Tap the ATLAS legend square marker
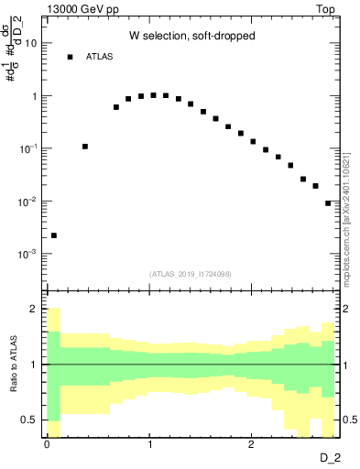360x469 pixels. (x=70, y=57)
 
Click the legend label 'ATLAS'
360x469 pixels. (x=100, y=57)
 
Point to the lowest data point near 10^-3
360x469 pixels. (x=54, y=235)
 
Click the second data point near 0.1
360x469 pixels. (x=85, y=147)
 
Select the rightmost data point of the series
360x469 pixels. (x=328, y=203)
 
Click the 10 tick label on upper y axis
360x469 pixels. (x=31, y=43)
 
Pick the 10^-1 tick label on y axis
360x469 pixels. (x=28, y=148)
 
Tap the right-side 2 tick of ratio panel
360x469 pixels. (x=347, y=310)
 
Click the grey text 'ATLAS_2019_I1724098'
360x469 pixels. (x=191, y=274)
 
